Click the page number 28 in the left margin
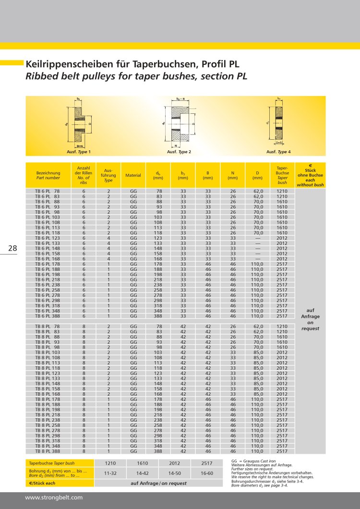pos(12,248)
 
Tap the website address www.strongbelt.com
pos(54,498)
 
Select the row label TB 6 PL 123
pos(48,238)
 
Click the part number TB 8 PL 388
pos(48,451)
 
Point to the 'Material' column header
pos(133,175)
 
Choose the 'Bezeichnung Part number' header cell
pos(48,175)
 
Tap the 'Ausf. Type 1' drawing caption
pos(79,152)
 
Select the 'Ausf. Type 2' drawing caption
pos(179,152)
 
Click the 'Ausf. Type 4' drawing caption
pos(278,152)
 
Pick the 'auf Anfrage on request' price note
pos(310,319)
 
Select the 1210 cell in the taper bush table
pos(111,463)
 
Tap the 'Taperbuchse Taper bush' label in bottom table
pos(52,464)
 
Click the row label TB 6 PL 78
pos(48,191)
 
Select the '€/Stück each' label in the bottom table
pos(43,483)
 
